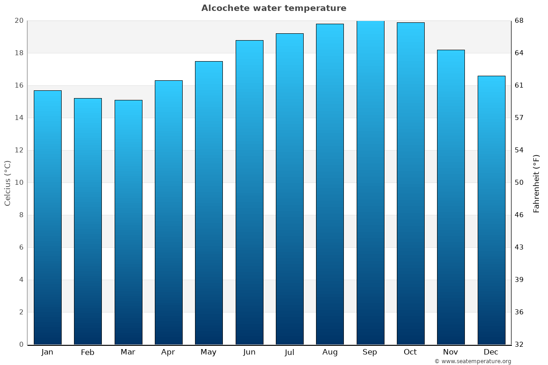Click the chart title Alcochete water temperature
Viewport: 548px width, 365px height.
pyautogui.click(x=274, y=8)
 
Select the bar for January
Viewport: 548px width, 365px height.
pyautogui.click(x=47, y=217)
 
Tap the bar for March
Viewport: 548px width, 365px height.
pyautogui.click(x=128, y=222)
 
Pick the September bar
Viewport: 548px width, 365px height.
pyautogui.click(x=370, y=182)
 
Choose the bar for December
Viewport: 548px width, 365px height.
pyautogui.click(x=491, y=210)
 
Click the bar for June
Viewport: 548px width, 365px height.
pyautogui.click(x=249, y=192)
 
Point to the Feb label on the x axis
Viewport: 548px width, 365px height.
pyautogui.click(x=87, y=352)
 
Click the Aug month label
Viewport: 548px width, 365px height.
pyautogui.click(x=330, y=352)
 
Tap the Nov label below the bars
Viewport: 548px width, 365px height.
pyautogui.click(x=450, y=352)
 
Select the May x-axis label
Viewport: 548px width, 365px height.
pyautogui.click(x=208, y=352)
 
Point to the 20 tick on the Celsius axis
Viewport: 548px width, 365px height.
pyautogui.click(x=19, y=21)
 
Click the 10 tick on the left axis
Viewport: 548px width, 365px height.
pyautogui.click(x=19, y=182)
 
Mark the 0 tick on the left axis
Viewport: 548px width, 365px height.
pyautogui.click(x=21, y=344)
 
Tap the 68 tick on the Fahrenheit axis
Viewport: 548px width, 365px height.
pyautogui.click(x=519, y=21)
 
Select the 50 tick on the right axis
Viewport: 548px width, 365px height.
pyautogui.click(x=519, y=182)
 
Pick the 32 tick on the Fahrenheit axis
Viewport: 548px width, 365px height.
pyautogui.click(x=519, y=344)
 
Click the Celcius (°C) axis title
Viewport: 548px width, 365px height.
pyautogui.click(x=7, y=182)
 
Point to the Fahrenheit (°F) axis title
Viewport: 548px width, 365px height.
pyautogui.click(x=537, y=183)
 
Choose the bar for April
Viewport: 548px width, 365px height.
pyautogui.click(x=169, y=212)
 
